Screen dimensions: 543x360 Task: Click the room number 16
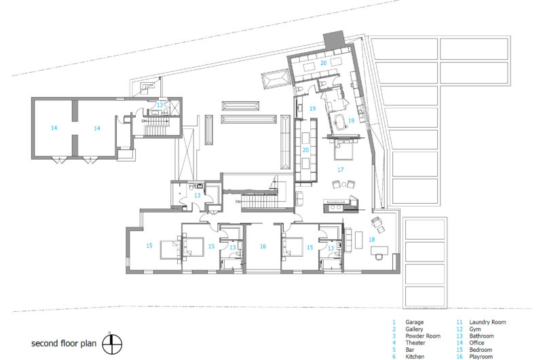coord(263,247)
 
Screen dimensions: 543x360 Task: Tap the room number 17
coord(341,169)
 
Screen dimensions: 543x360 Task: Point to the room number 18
coord(371,239)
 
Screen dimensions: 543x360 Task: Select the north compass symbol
coord(112,344)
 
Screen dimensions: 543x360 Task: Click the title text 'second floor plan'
coord(64,344)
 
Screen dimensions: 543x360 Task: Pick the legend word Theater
coord(415,342)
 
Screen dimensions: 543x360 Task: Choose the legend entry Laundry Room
coord(487,322)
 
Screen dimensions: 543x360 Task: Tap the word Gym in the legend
coord(474,329)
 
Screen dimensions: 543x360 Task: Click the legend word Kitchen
coord(415,357)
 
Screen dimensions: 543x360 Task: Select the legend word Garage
coord(415,322)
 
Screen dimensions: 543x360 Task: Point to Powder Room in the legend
coord(423,336)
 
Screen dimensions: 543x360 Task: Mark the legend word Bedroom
coord(481,350)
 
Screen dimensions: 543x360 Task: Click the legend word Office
coord(476,342)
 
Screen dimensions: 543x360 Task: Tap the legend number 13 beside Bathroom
coord(460,336)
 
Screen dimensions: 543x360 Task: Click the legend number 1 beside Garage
coord(394,322)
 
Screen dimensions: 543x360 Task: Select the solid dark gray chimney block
coord(334,39)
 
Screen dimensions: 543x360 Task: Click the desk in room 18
coord(379,250)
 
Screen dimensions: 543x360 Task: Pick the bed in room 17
coord(343,149)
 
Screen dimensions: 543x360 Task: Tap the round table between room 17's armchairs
coord(343,185)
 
